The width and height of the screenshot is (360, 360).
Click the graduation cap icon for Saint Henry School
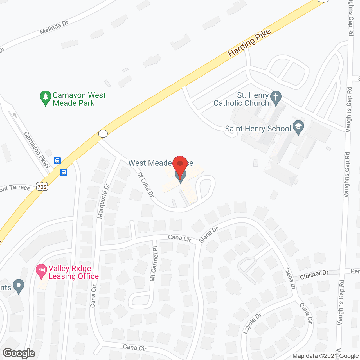click(x=298, y=127)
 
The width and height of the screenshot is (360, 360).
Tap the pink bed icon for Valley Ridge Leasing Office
click(x=42, y=271)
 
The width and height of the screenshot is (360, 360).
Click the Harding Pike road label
click(x=249, y=43)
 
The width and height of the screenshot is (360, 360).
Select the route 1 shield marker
click(x=103, y=133)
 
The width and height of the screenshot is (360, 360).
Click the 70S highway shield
click(x=42, y=186)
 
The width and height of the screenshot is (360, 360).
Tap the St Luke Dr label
click(x=146, y=184)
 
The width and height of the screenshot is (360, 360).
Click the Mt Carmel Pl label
click(x=154, y=264)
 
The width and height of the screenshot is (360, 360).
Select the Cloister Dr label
click(x=314, y=275)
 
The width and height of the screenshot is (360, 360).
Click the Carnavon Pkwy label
click(x=37, y=150)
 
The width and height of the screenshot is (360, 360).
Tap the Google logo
click(x=19, y=353)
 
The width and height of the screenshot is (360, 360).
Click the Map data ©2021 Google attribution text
click(x=325, y=356)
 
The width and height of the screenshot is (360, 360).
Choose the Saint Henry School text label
click(x=258, y=129)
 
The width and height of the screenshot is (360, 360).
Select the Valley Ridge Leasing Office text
click(x=73, y=272)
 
